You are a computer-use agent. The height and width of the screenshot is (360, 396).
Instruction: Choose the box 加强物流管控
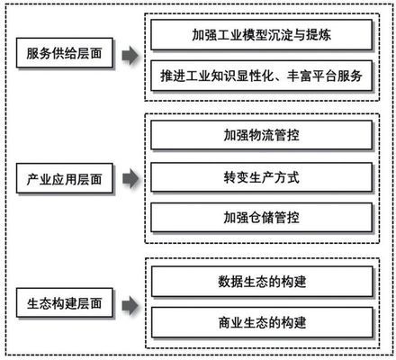(261, 137)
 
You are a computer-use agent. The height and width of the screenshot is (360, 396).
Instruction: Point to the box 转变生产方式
(261, 177)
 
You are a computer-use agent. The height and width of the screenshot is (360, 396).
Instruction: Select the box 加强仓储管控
(261, 219)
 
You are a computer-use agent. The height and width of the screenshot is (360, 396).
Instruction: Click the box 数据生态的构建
(261, 281)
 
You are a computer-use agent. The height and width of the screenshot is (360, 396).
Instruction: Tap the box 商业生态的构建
(261, 322)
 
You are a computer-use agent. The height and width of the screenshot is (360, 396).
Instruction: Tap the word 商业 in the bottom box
(230, 322)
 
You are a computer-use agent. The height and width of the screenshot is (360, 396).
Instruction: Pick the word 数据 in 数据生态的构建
(230, 281)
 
